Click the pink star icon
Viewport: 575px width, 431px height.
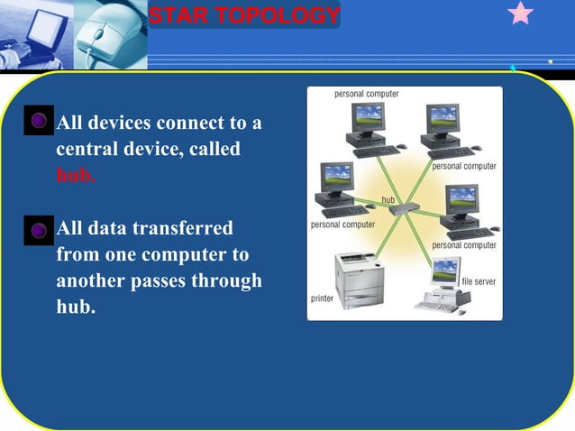(x=521, y=14)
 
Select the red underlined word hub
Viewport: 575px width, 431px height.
(x=75, y=174)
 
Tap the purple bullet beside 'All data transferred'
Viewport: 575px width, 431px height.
(x=39, y=230)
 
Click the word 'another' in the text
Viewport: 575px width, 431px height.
(x=93, y=280)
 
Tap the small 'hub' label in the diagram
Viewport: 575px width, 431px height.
(x=389, y=197)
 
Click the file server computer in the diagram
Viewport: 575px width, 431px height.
(x=441, y=284)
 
